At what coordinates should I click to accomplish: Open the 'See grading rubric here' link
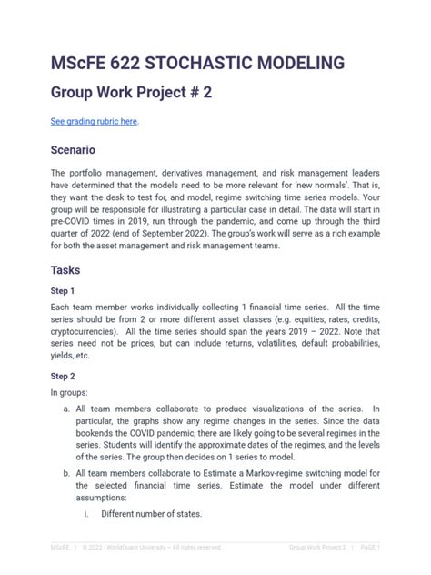click(95, 121)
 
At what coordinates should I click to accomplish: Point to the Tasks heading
click(67, 269)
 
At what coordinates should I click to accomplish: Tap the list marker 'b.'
click(67, 473)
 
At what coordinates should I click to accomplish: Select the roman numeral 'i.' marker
click(85, 514)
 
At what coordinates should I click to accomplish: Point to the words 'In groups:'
click(72, 392)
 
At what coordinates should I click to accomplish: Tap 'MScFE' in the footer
click(60, 548)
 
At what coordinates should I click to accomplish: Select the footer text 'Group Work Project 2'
click(317, 548)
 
